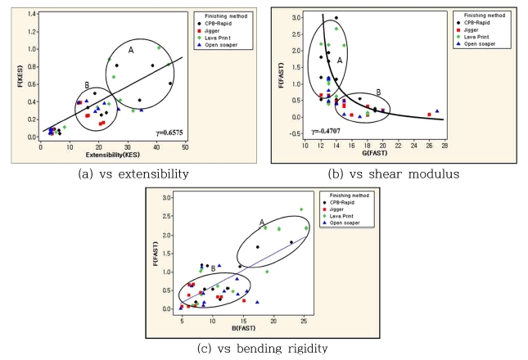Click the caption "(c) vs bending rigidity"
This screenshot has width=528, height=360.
coord(261,347)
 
